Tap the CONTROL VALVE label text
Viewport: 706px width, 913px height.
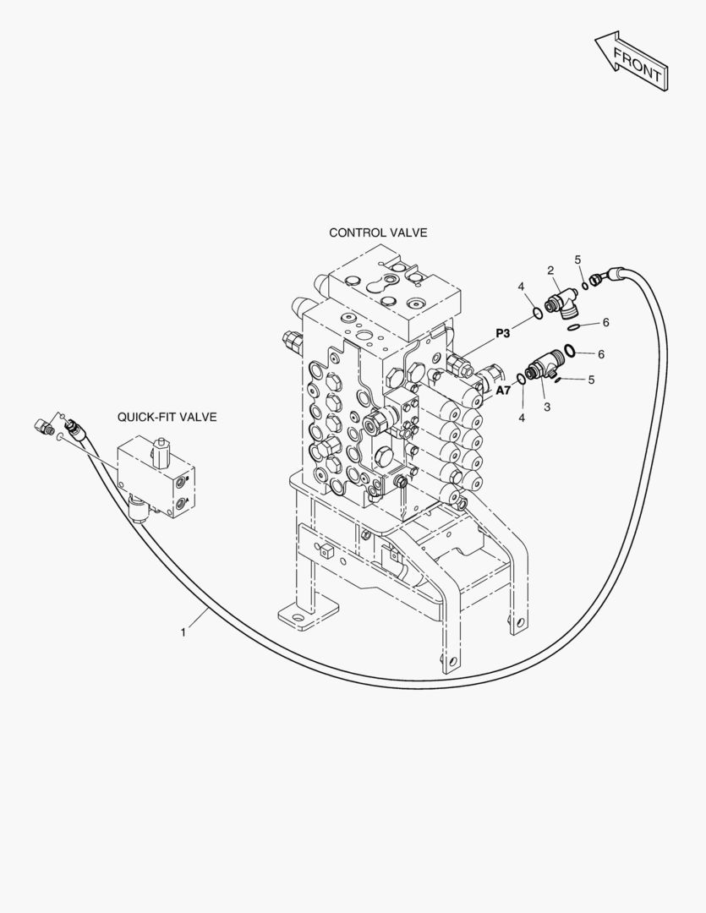pyautogui.click(x=378, y=232)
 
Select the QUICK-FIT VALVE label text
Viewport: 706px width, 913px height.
pyautogui.click(x=167, y=417)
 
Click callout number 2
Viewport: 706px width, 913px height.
pyautogui.click(x=550, y=271)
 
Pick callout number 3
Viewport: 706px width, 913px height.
pyautogui.click(x=547, y=407)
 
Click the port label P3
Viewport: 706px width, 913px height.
pyautogui.click(x=503, y=332)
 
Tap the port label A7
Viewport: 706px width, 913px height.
pyautogui.click(x=503, y=390)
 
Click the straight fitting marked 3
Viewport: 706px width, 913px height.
pyautogui.click(x=540, y=369)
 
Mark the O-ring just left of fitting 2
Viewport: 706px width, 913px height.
pyautogui.click(x=537, y=314)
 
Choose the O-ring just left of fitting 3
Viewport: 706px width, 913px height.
pyautogui.click(x=521, y=380)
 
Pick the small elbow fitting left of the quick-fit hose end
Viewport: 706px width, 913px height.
pyautogui.click(x=42, y=425)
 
